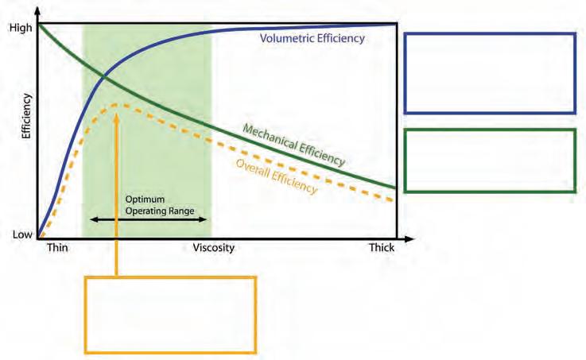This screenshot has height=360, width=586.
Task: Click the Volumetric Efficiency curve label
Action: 312,37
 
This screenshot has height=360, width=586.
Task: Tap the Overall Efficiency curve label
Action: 277,176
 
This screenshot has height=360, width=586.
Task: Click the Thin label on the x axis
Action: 58,248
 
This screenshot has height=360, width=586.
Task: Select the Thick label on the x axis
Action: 381,248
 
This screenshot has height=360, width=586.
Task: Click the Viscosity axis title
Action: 214,248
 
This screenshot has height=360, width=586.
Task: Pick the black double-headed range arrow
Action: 147,218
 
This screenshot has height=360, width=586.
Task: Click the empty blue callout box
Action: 490,73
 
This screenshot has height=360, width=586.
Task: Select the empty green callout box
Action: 490,160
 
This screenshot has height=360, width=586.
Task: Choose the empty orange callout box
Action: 170,314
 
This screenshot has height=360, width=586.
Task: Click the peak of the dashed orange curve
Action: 118,104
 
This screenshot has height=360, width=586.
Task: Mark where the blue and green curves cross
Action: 104,76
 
